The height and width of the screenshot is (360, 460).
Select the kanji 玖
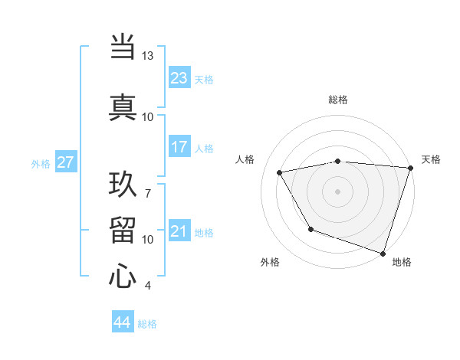coord(123,184)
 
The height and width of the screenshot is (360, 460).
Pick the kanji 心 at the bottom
coord(123,276)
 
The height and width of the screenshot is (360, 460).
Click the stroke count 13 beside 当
coord(148,57)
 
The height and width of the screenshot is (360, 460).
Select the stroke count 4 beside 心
coord(148,286)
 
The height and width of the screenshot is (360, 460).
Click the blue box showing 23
coord(179,78)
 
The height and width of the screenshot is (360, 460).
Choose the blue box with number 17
coord(179,147)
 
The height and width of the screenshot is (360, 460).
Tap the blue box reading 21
coord(179,231)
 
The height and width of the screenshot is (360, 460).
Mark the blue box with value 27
coord(66,162)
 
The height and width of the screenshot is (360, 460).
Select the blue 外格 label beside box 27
coord(41,163)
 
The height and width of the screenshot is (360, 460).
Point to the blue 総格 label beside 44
coord(147,324)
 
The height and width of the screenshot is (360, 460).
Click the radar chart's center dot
coord(337,191)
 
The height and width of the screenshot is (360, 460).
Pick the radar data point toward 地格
coord(383,253)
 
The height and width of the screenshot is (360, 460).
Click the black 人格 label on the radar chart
coord(245,159)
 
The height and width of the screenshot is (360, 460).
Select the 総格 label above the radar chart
coord(337,100)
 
